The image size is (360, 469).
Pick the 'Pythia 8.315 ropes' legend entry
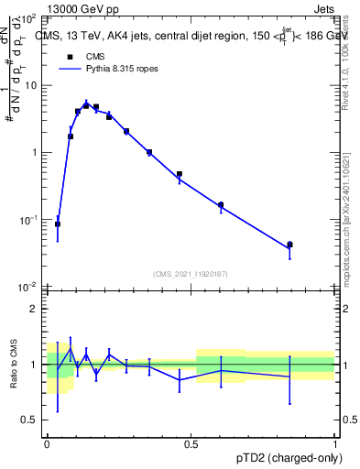coord(102,68)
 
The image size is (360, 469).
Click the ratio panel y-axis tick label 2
coord(34,309)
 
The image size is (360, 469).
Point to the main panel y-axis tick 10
coord(30,85)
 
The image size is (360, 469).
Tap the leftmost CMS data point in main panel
coord(58,224)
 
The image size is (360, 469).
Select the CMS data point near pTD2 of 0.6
coord(221,205)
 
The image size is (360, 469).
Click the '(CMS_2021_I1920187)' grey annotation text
coord(191,274)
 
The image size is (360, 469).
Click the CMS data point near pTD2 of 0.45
coord(180,174)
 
